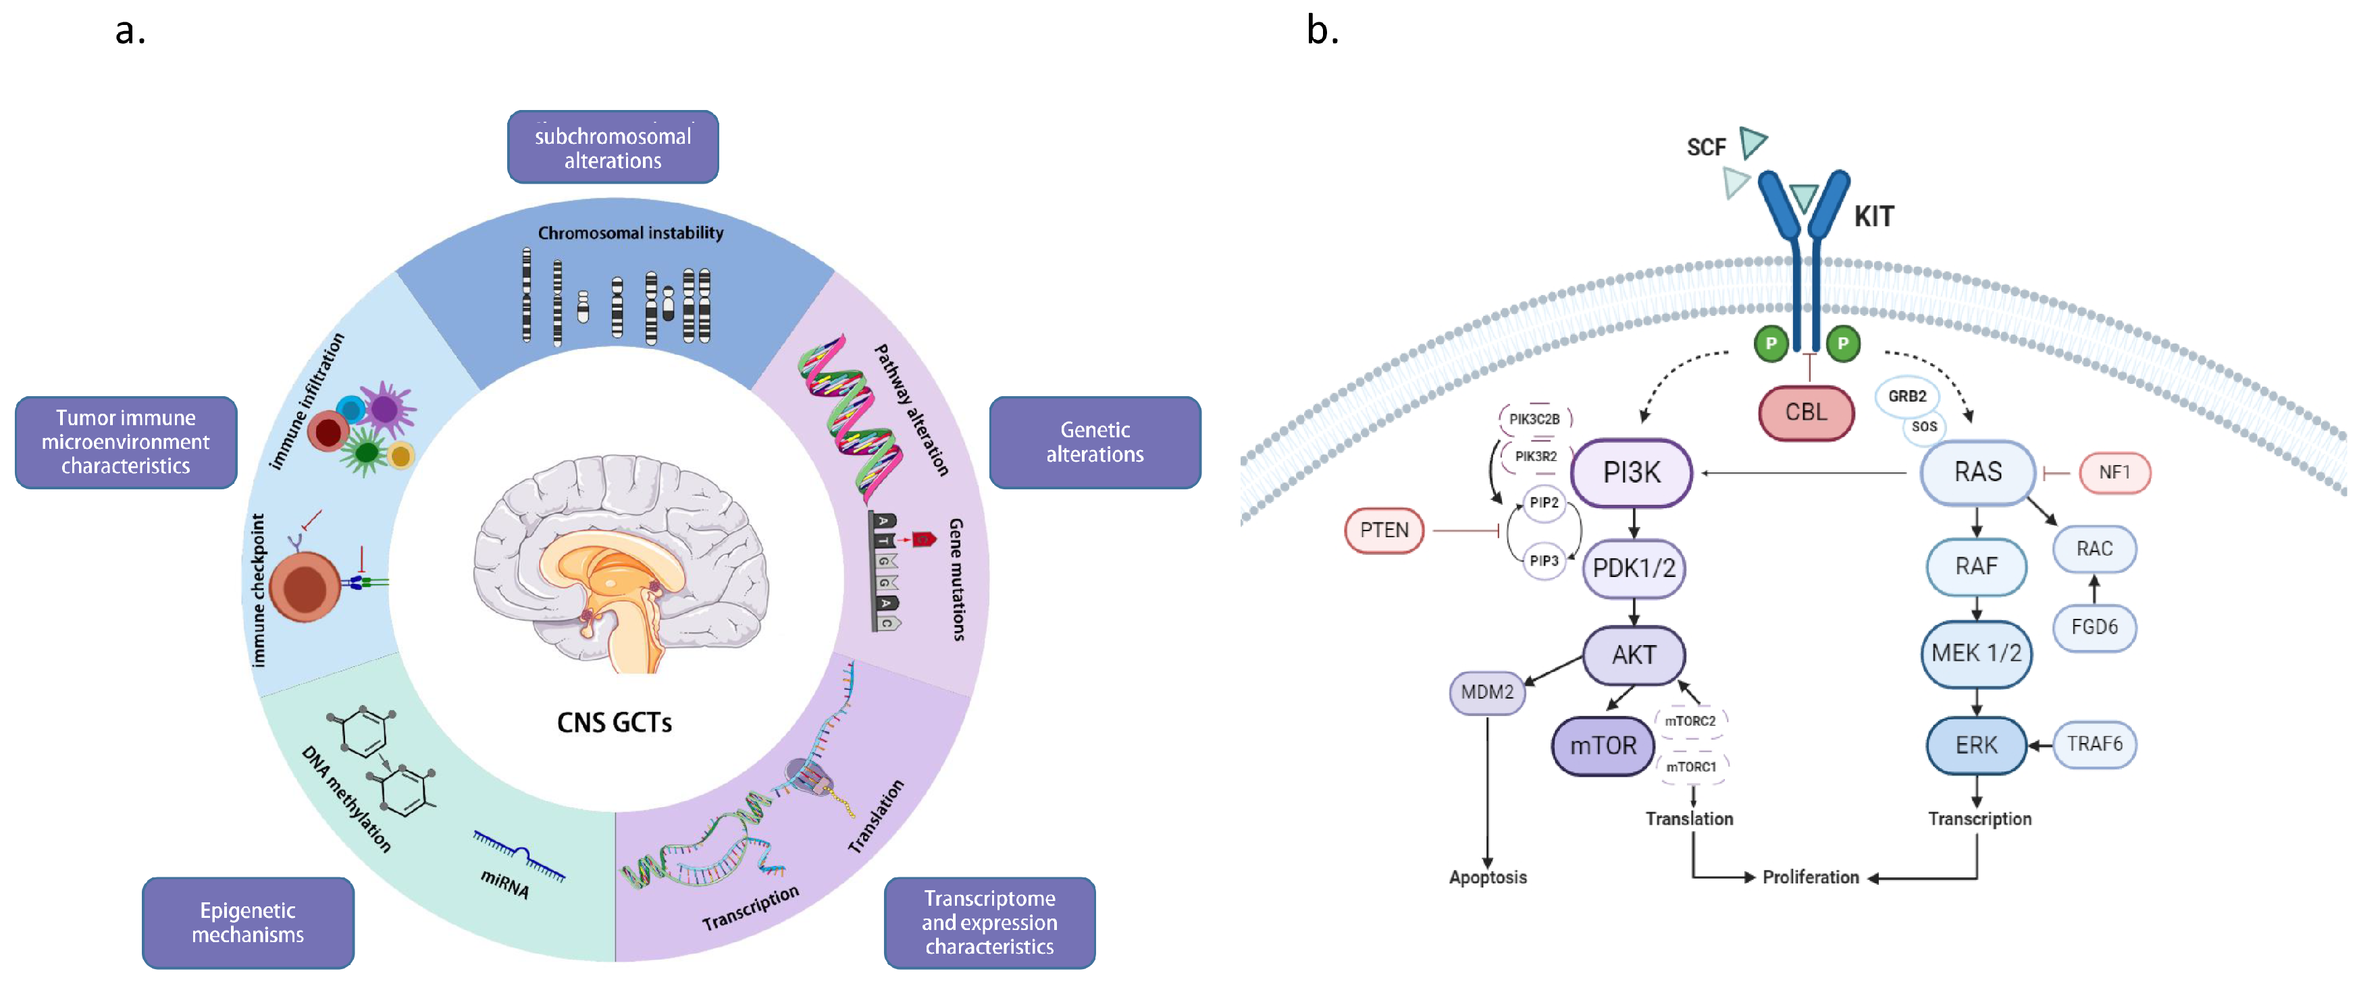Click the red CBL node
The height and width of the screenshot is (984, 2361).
click(x=1806, y=412)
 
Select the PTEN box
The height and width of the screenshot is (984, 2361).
click(x=1383, y=530)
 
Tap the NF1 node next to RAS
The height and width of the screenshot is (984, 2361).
click(x=2114, y=472)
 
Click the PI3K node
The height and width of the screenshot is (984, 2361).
click(x=1632, y=472)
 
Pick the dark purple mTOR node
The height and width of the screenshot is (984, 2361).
click(x=1602, y=746)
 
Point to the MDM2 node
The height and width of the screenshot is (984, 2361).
click(x=1486, y=692)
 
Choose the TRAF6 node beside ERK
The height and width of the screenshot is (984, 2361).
click(x=2094, y=744)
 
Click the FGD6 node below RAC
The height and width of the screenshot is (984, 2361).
click(x=2094, y=628)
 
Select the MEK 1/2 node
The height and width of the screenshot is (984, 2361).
click(x=1976, y=653)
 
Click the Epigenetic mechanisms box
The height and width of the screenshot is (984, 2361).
click(x=247, y=923)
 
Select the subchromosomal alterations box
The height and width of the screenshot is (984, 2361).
click(x=613, y=148)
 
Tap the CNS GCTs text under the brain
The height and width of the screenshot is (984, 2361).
click(x=614, y=723)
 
